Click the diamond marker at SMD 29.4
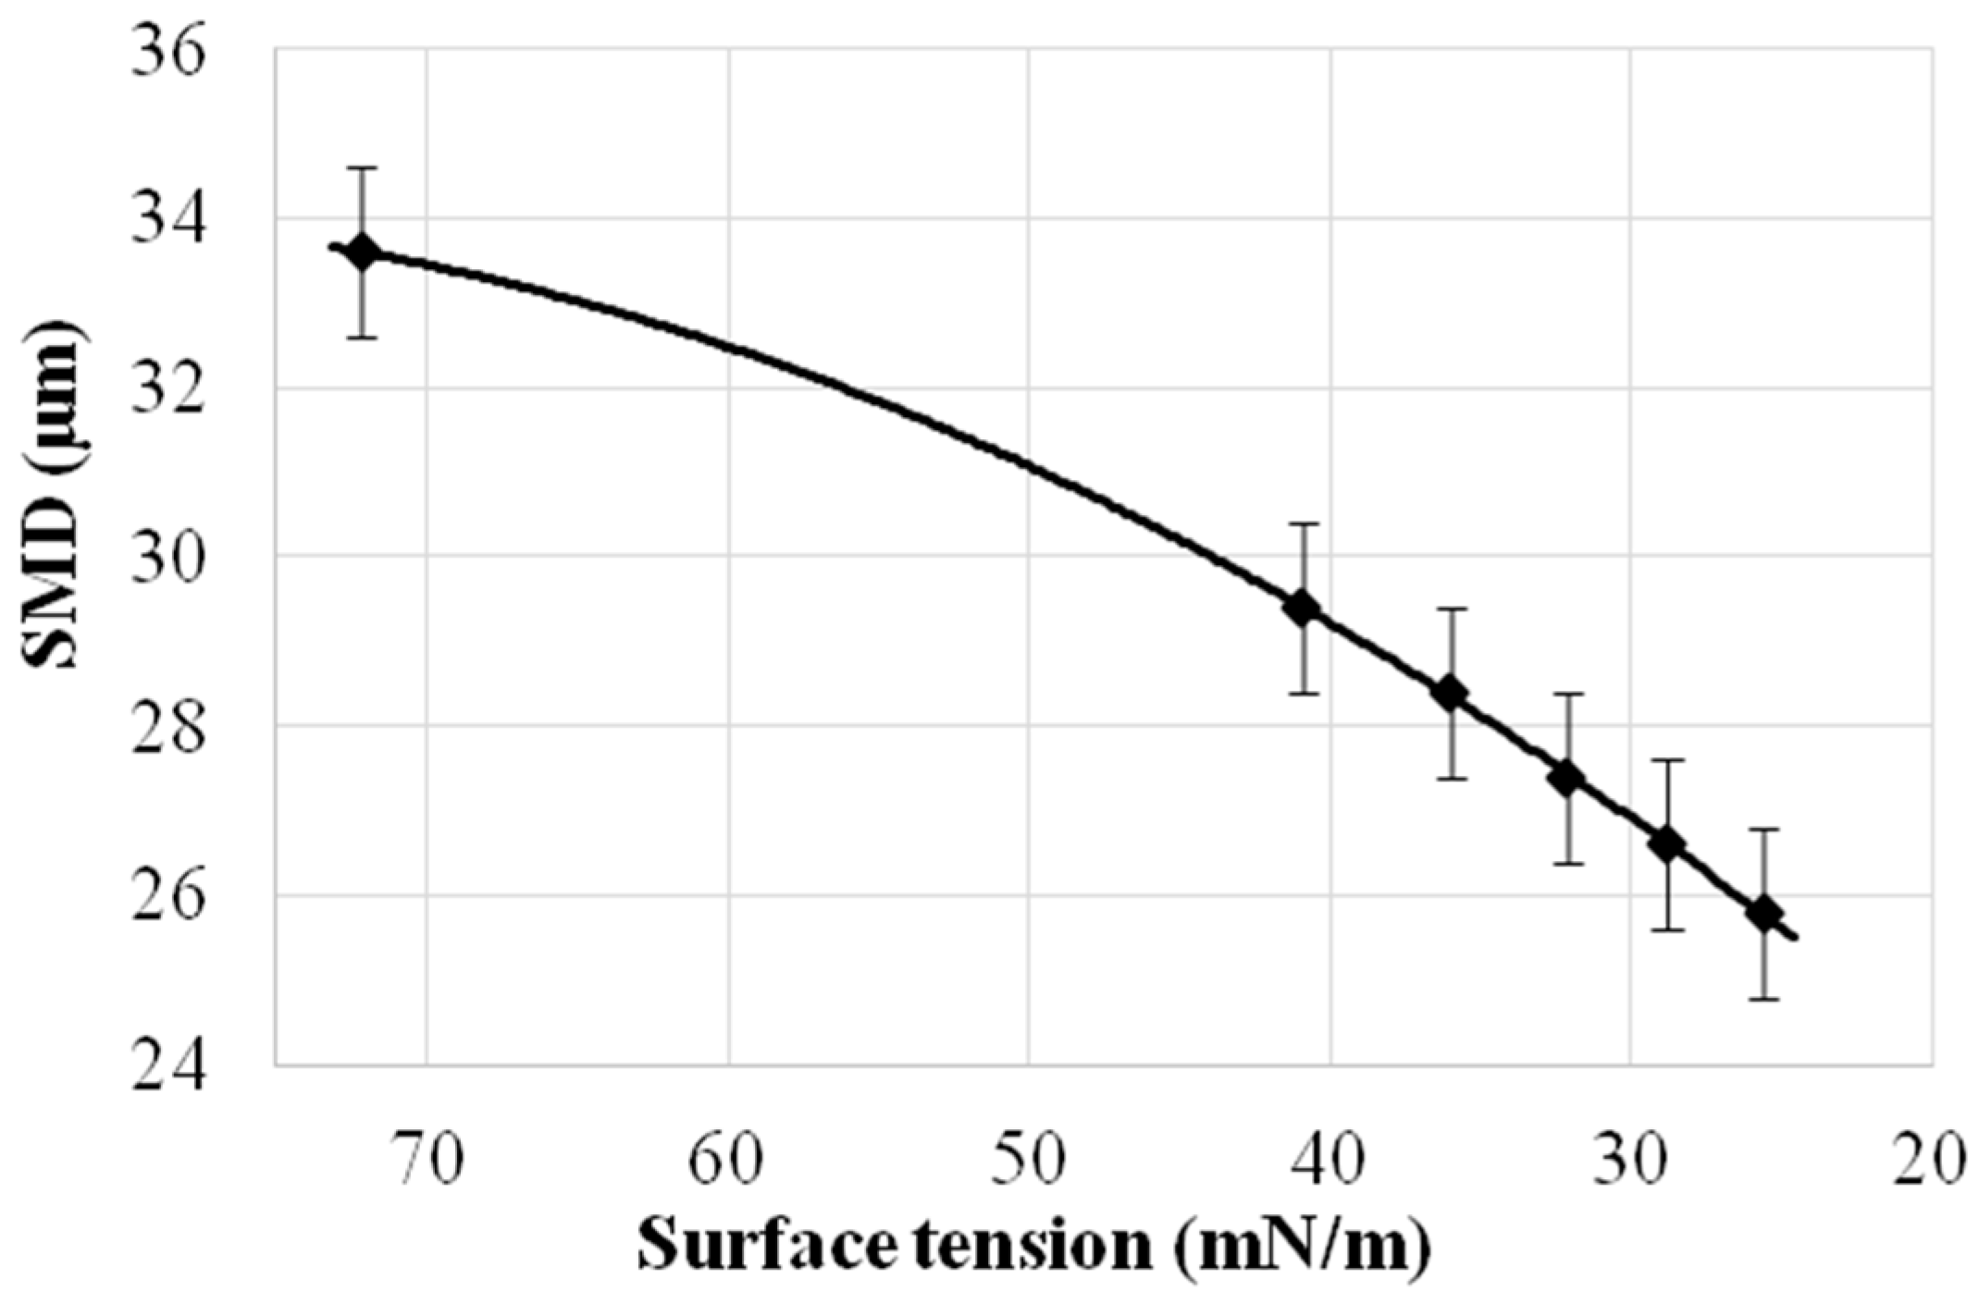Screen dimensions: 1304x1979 pos(1304,609)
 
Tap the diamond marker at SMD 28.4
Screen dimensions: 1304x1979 pos(1452,693)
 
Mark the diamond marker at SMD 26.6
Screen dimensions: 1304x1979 pos(1667,844)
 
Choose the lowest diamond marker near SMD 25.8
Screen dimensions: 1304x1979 pos(1764,914)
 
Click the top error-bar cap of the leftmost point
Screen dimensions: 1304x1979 pos(362,168)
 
